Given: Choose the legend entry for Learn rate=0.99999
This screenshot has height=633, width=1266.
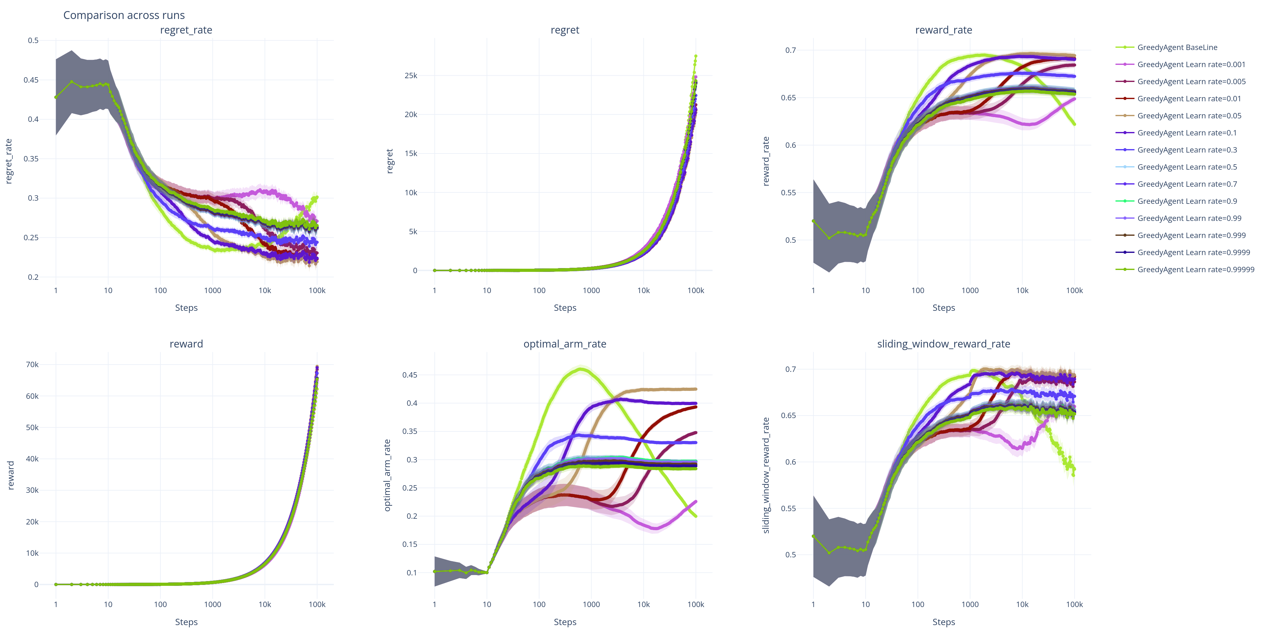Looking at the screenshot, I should [1195, 270].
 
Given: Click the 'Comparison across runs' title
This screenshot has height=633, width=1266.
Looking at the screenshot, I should [124, 15].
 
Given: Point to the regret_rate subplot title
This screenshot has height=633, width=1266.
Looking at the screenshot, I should [186, 30].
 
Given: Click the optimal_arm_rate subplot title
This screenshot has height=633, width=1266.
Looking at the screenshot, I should [565, 344].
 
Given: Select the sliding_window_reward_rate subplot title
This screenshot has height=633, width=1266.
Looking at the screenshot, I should [943, 344].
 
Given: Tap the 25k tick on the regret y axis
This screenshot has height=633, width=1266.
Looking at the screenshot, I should [411, 76].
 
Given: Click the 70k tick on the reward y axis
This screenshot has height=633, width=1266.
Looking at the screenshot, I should [32, 365].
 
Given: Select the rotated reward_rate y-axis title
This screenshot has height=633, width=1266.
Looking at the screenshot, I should [766, 161].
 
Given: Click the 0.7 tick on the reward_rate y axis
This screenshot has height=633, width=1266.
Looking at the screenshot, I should [790, 50].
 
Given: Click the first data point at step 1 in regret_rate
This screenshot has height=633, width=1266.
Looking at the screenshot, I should [55, 97].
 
